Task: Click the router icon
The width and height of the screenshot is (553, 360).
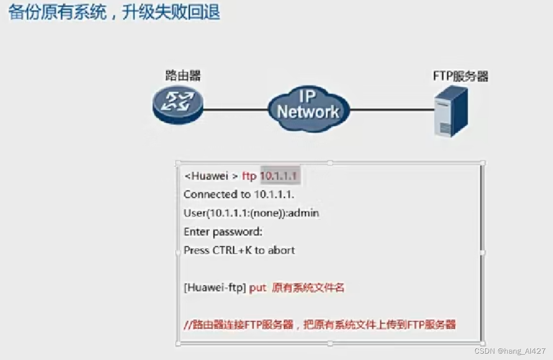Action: pyautogui.click(x=177, y=106)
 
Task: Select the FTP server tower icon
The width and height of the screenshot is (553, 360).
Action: pyautogui.click(x=450, y=111)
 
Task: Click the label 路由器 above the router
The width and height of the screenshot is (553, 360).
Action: pyautogui.click(x=183, y=76)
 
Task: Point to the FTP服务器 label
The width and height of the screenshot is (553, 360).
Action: pyautogui.click(x=460, y=77)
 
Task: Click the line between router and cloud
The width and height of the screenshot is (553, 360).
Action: pyautogui.click(x=235, y=110)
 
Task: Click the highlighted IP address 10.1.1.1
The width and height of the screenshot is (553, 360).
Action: pyautogui.click(x=279, y=176)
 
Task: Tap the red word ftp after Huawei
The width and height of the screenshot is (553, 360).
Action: pyautogui.click(x=249, y=176)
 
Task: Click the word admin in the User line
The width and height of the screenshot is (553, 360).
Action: pyautogui.click(x=305, y=213)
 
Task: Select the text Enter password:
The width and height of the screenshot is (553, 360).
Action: pyautogui.click(x=223, y=231)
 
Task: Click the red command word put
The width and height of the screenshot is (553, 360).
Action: pyautogui.click(x=258, y=288)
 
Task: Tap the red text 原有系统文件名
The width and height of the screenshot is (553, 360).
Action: pyautogui.click(x=308, y=288)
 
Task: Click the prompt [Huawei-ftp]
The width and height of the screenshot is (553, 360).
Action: pyautogui.click(x=214, y=288)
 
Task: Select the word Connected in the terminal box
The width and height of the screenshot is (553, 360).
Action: pyautogui.click(x=210, y=194)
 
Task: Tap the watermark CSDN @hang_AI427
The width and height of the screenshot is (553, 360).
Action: pyautogui.click(x=510, y=351)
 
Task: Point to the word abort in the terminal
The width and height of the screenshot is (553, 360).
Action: pyautogui.click(x=282, y=250)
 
